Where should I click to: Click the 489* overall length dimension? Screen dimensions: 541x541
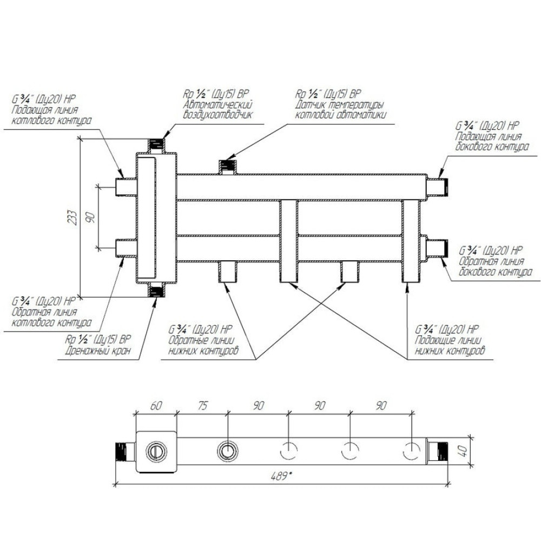click(282, 476)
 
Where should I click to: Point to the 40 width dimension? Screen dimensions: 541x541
click(464, 450)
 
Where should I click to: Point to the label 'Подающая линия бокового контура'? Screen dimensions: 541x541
click(491, 141)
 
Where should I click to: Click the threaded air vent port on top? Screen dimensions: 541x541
click(157, 145)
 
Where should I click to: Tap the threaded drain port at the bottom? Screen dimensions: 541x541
click(157, 291)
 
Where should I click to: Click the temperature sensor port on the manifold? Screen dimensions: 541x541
click(227, 166)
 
